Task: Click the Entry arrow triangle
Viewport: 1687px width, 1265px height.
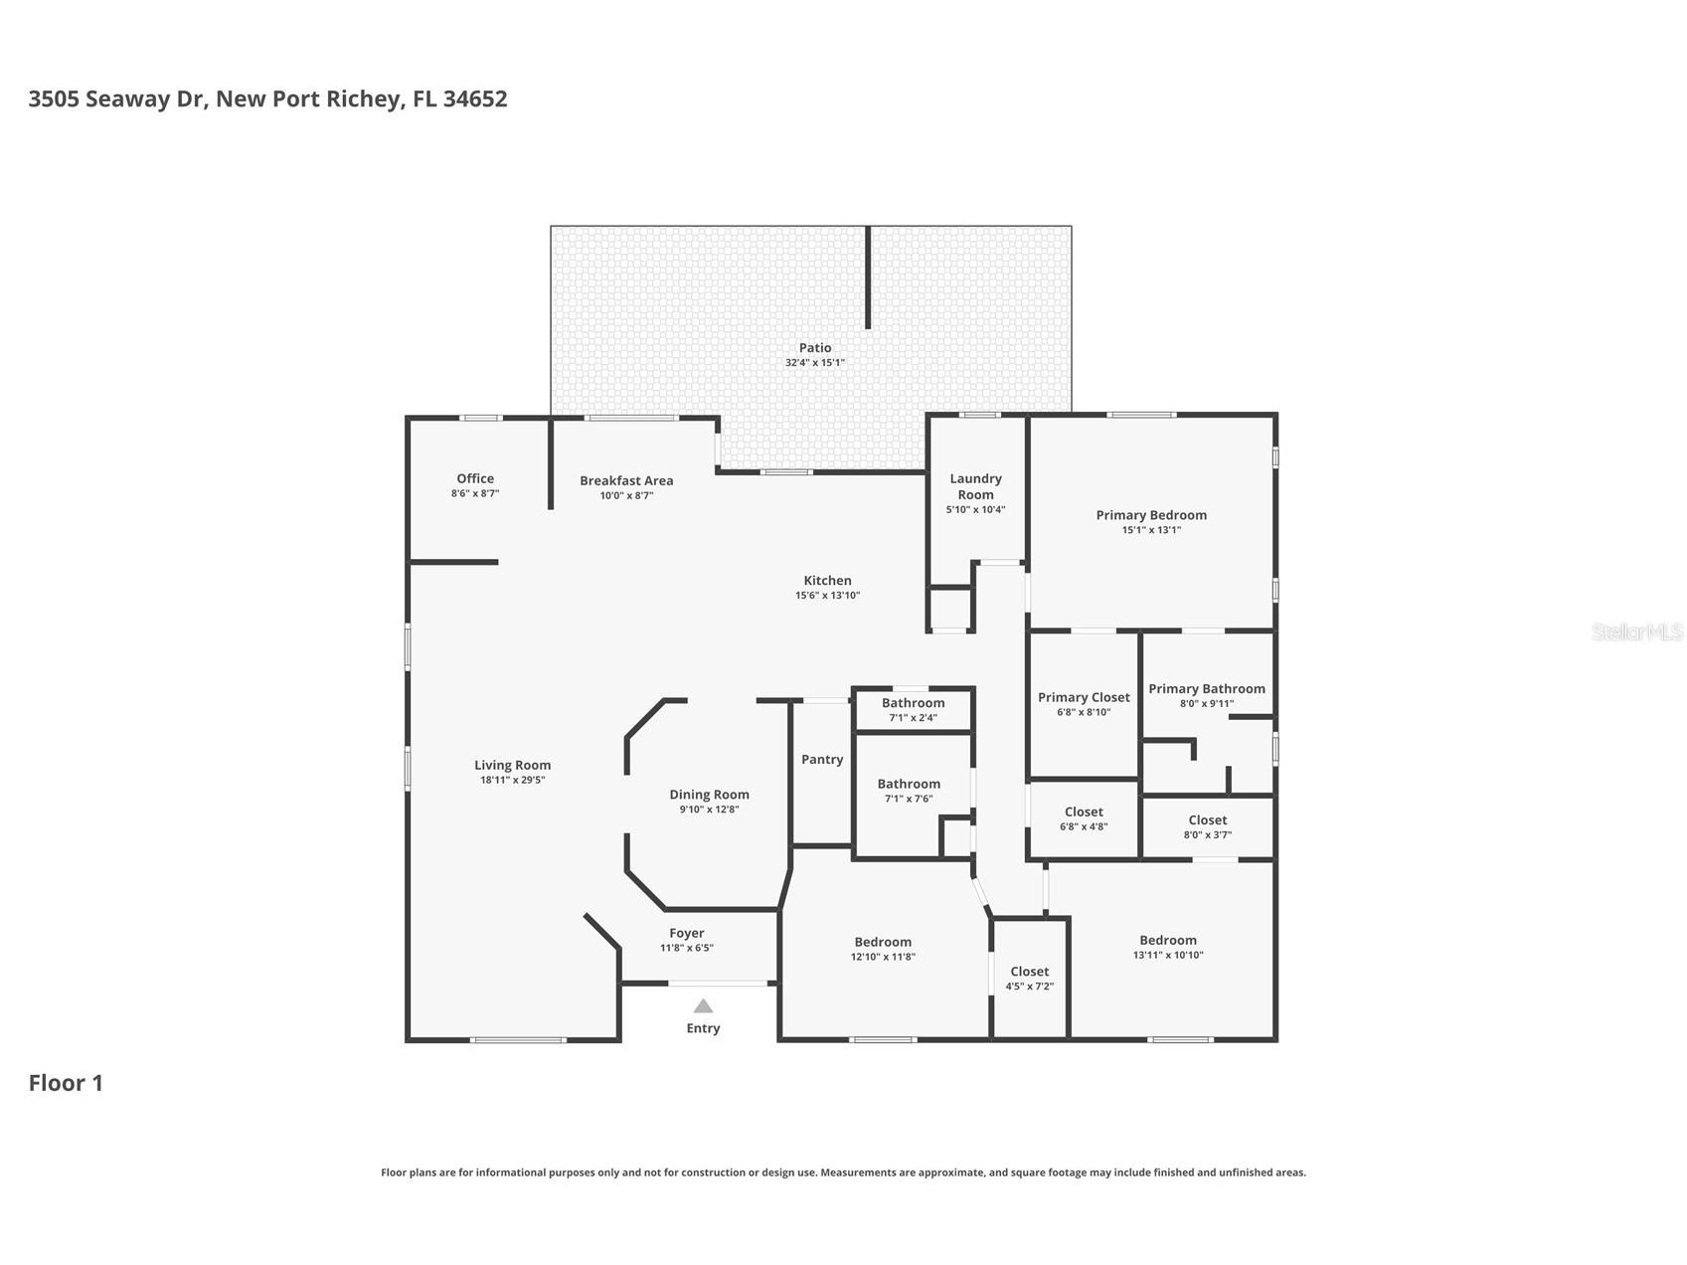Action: (x=703, y=1005)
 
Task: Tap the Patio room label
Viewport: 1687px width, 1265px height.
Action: (x=814, y=348)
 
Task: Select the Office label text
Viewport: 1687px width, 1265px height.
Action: (x=475, y=478)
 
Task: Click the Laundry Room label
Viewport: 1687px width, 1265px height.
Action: (x=975, y=486)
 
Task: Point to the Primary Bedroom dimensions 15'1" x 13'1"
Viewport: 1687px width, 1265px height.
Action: (x=1151, y=530)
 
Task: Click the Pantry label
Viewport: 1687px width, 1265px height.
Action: (x=822, y=759)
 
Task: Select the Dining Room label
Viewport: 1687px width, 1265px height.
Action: (x=709, y=794)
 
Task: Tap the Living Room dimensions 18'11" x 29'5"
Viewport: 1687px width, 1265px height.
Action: (x=512, y=780)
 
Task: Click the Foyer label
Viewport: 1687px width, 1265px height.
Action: (x=686, y=933)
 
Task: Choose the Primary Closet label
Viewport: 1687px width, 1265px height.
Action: (x=1084, y=697)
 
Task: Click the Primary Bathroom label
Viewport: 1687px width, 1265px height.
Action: (x=1207, y=688)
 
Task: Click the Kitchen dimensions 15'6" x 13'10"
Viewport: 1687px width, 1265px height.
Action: (x=827, y=596)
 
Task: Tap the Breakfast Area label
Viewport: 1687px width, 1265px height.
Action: (x=626, y=480)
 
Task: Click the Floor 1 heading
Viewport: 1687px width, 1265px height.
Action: (x=66, y=1083)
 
